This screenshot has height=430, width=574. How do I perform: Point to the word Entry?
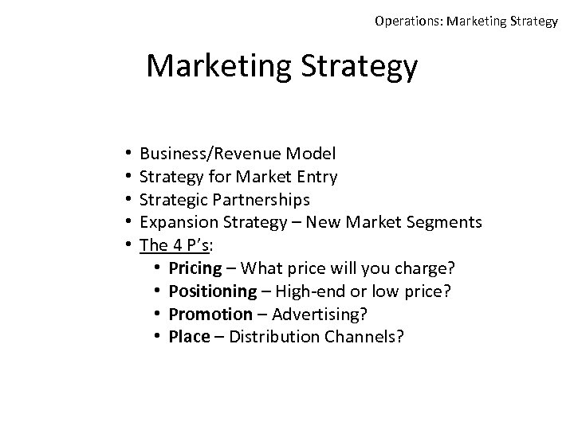316,176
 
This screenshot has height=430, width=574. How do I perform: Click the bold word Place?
189,337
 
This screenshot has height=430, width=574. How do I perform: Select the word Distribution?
276,337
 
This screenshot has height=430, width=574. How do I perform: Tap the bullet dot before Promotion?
159,314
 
